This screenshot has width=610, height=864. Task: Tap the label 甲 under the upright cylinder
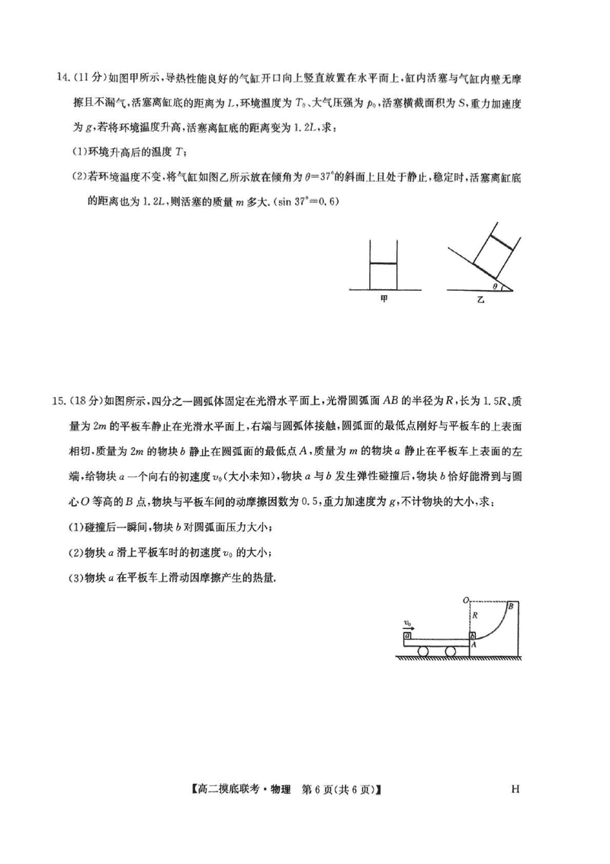[x=383, y=301]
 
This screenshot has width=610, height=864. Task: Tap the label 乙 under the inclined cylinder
[x=480, y=301]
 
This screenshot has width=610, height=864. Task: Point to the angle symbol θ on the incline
[x=496, y=286]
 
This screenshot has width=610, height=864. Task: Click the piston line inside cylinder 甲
[x=383, y=264]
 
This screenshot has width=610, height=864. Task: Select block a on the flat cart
[x=409, y=635]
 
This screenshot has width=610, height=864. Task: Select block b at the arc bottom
[x=473, y=635]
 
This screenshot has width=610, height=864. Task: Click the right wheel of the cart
[x=451, y=651]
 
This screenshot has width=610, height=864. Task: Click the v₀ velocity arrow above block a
[x=410, y=624]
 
